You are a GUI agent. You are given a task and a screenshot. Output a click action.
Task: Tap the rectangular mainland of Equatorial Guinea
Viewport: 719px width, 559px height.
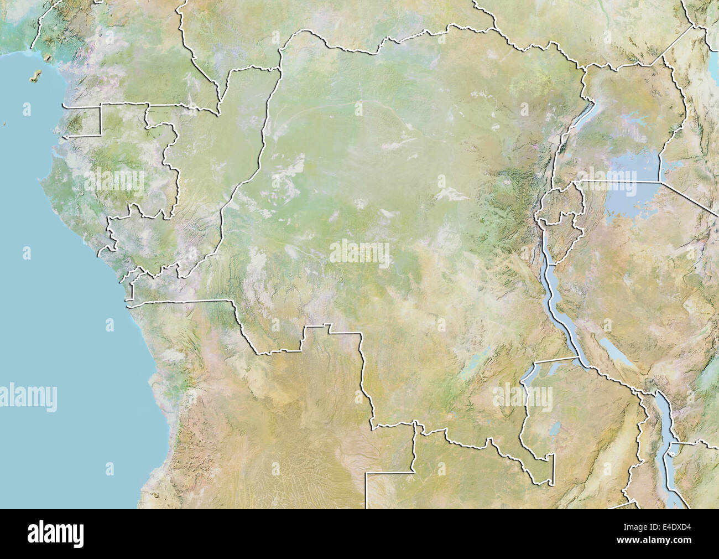pyautogui.click(x=83, y=119)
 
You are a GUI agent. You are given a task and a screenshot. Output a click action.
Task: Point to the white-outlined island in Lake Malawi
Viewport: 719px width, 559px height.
pyautogui.click(x=670, y=454)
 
